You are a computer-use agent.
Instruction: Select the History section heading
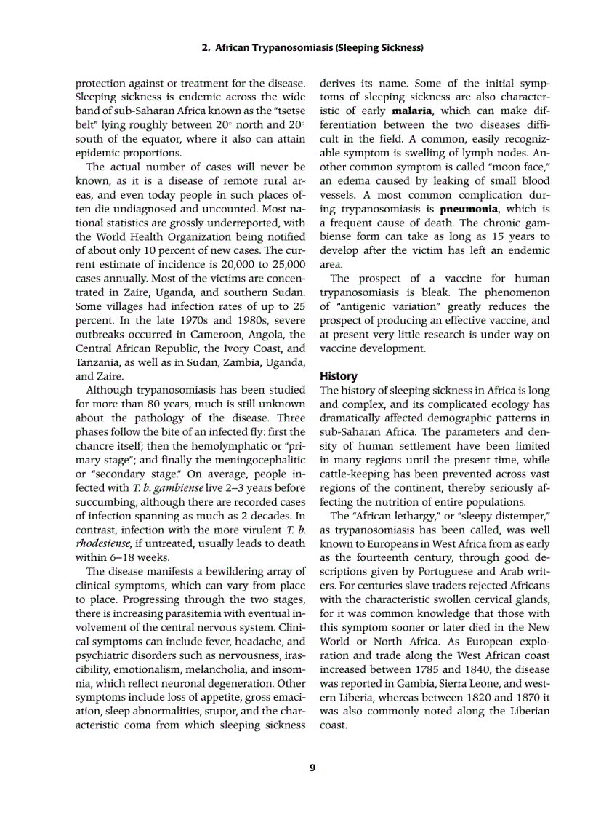click(339, 376)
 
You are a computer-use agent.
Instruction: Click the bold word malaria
click(412, 111)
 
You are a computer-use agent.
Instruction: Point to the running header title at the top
click(312, 48)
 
